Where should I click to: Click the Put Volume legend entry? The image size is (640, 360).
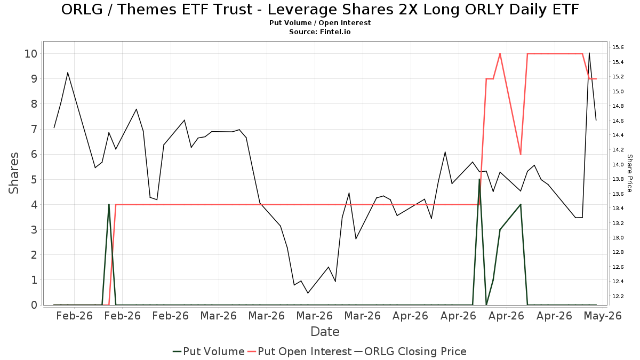pyautogui.click(x=209, y=351)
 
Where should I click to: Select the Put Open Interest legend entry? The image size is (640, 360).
pyautogui.click(x=299, y=351)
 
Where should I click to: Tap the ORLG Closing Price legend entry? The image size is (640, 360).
pyautogui.click(x=410, y=351)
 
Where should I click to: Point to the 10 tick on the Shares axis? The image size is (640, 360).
pyautogui.click(x=31, y=54)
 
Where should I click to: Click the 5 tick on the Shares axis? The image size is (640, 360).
pyautogui.click(x=34, y=179)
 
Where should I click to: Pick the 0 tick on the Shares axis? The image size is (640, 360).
pyautogui.click(x=34, y=305)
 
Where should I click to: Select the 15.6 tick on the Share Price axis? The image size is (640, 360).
pyautogui.click(x=618, y=47)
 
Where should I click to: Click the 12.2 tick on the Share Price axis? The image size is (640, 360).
pyautogui.click(x=618, y=296)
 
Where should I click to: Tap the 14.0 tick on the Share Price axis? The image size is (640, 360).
pyautogui.click(x=618, y=164)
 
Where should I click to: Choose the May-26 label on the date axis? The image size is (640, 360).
pyautogui.click(x=603, y=316)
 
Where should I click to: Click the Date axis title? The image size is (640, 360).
pyautogui.click(x=325, y=332)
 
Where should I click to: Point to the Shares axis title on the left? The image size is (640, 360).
pyautogui.click(x=13, y=173)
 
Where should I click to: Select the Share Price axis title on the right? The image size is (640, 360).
pyautogui.click(x=629, y=173)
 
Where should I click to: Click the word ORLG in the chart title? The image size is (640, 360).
pyautogui.click(x=82, y=10)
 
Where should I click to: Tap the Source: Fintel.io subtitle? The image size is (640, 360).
pyautogui.click(x=319, y=31)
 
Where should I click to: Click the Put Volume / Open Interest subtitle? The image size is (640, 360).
pyautogui.click(x=320, y=22)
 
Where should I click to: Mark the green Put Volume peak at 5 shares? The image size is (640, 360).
pyautogui.click(x=479, y=179)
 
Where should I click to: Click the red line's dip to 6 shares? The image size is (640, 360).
pyautogui.click(x=521, y=155)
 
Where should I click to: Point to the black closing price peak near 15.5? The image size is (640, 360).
pyautogui.click(x=589, y=53)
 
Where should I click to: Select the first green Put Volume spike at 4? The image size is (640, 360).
pyautogui.click(x=109, y=205)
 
